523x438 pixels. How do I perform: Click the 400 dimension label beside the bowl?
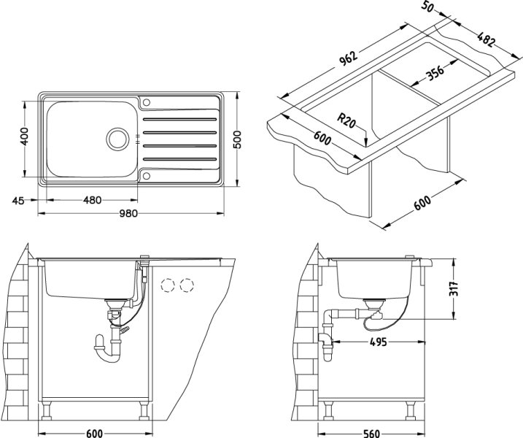click(24, 136)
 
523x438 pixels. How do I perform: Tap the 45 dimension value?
click(19, 200)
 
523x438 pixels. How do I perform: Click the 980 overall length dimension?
click(128, 214)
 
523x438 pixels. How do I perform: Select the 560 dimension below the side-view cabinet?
click(371, 434)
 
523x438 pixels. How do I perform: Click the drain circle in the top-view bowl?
click(117, 137)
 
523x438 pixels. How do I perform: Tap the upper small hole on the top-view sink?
click(147, 101)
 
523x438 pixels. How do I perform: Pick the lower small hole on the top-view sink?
click(147, 175)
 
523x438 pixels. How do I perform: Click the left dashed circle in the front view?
click(168, 285)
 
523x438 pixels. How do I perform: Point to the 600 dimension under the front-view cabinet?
click(93, 434)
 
